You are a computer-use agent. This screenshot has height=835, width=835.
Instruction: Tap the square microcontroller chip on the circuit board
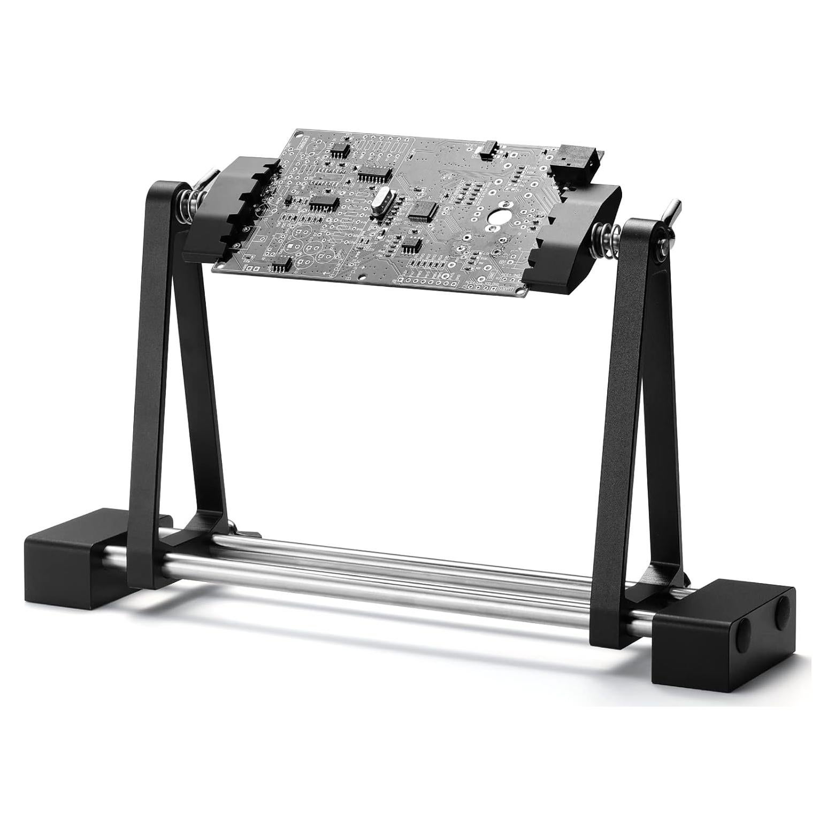[x=424, y=211]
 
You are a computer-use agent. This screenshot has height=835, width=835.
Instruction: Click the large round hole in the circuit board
[x=497, y=216]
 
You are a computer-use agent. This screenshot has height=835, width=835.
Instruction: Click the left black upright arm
[x=155, y=374]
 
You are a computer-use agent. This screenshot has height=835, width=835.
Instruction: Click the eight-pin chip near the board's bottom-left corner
[x=280, y=265]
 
